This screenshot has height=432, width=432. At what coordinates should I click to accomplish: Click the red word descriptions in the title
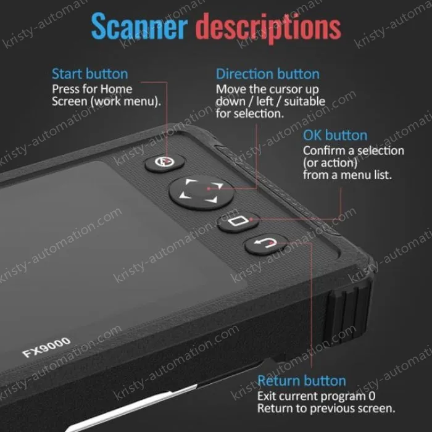[268, 27]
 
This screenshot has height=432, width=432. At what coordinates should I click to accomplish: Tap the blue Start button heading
[90, 74]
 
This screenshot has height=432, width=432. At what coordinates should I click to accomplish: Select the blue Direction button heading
[267, 74]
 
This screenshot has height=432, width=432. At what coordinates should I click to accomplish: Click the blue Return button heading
[302, 380]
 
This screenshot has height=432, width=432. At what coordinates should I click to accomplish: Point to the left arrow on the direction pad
[182, 196]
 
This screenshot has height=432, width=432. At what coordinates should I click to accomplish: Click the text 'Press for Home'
[92, 89]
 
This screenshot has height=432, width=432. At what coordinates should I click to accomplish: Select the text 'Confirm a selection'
[354, 151]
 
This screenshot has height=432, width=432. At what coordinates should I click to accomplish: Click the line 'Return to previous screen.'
[326, 409]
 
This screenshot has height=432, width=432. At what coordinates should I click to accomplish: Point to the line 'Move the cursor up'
[267, 89]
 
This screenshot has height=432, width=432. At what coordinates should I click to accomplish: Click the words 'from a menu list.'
[347, 175]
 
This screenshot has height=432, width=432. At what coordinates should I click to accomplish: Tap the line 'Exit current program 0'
[316, 396]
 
